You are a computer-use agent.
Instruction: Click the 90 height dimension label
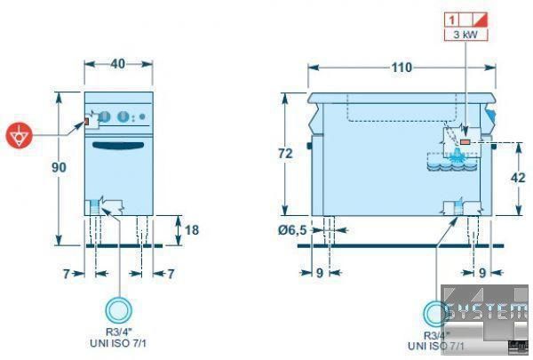pyautogui.click(x=60, y=167)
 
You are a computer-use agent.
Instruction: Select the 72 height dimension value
pyautogui.click(x=284, y=154)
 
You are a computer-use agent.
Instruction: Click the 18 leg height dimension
pyautogui.click(x=191, y=229)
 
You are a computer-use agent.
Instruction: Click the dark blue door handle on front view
pyautogui.click(x=118, y=145)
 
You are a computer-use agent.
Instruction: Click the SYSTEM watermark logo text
pyautogui.click(x=487, y=311)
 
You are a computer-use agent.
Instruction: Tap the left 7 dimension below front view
pyautogui.click(x=67, y=273)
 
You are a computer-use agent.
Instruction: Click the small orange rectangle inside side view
pyautogui.click(x=465, y=140)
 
